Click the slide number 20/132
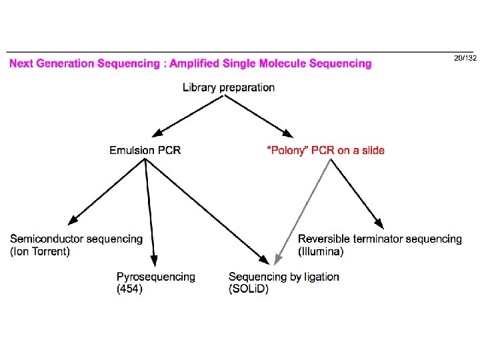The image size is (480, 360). coord(465,59)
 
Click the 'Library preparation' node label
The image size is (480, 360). coord(229,87)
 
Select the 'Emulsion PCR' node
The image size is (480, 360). coord(145,150)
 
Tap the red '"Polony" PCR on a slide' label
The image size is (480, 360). coord(325,150)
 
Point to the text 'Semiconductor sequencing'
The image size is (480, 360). coord(77,239)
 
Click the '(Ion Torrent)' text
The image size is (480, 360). coord(40,251)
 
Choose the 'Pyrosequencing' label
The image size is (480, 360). coord(156,277)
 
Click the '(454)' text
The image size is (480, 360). coord(129,289)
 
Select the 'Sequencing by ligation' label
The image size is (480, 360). coord(283,277)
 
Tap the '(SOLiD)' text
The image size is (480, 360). coord(248,289)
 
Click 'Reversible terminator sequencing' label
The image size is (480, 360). coord(380,239)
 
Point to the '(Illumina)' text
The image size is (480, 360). coord(321,251)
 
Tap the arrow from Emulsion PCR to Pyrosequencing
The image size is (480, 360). coord(151,213)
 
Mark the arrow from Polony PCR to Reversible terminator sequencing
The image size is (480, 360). coord(357,193)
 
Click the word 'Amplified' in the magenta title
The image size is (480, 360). coord(198,64)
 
